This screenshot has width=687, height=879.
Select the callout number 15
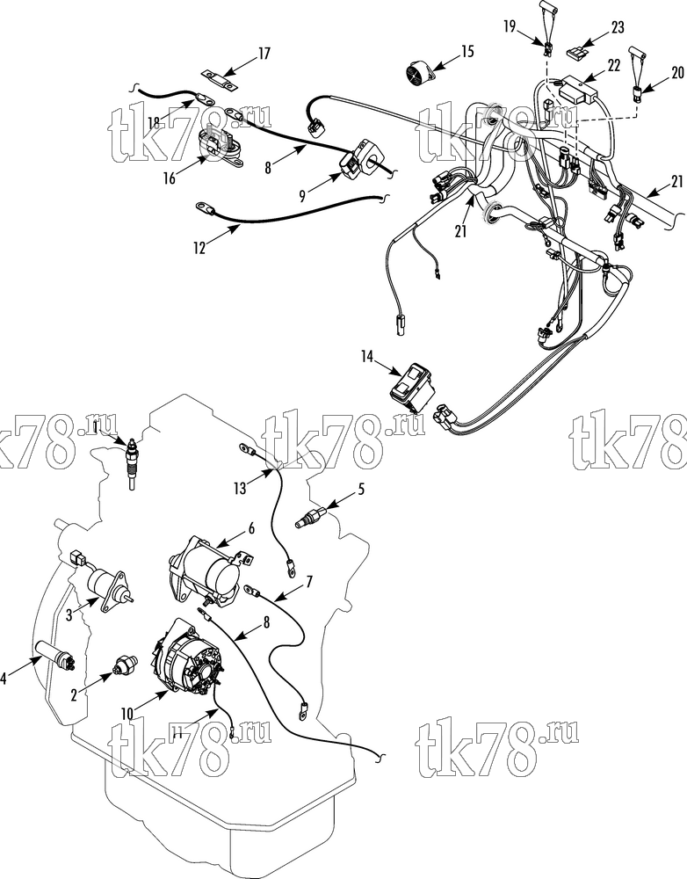pos(467,52)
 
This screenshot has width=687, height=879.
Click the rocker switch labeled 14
pos(412,385)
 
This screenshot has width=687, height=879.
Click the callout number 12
pos(199,247)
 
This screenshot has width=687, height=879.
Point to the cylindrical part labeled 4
pos(55,655)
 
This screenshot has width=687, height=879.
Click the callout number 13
pos(241,488)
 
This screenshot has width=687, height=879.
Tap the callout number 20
pos(677,73)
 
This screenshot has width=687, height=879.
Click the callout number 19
pos(509,26)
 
